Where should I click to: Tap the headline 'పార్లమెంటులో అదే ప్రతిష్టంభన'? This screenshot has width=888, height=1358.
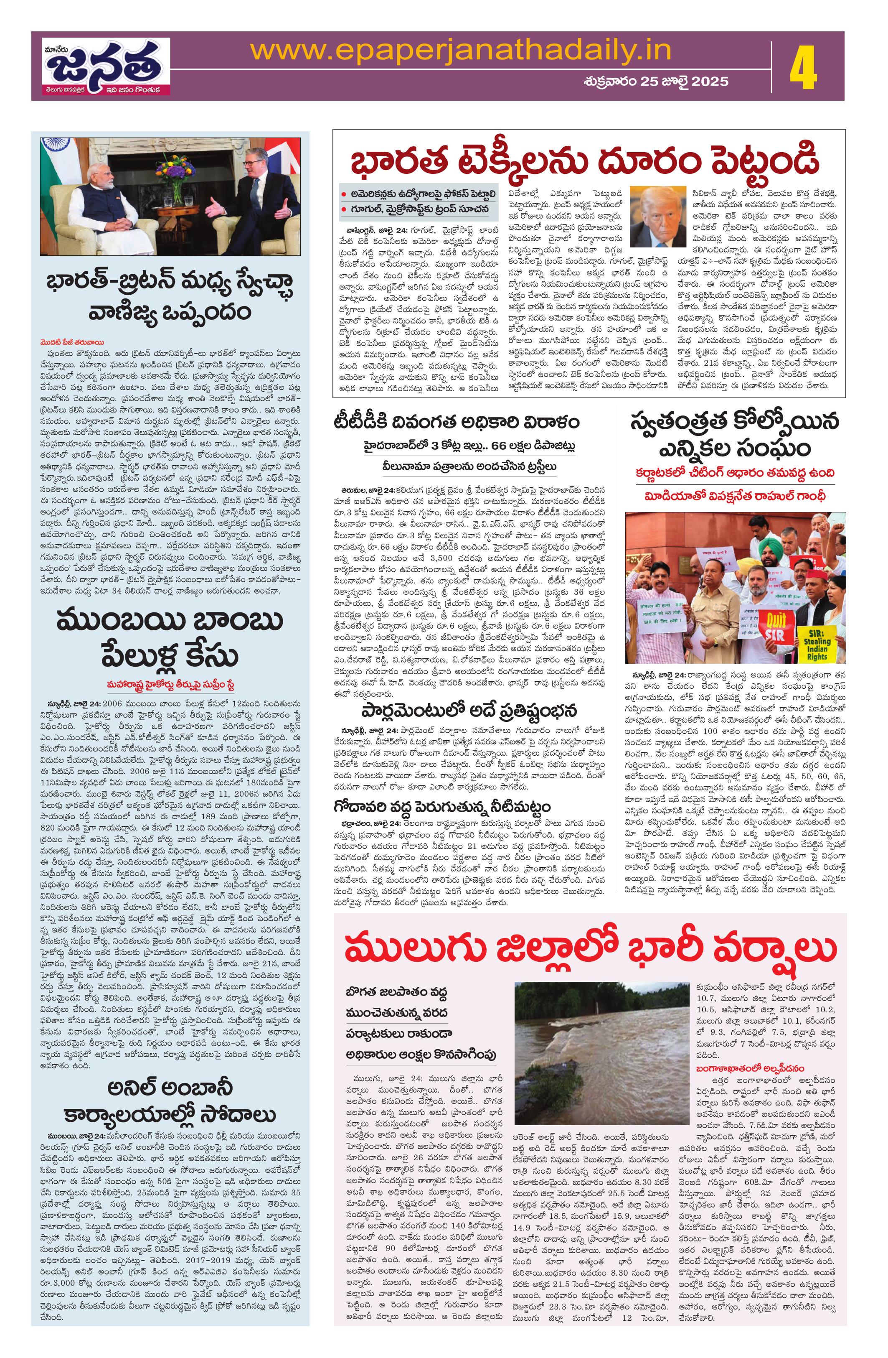tap(469, 711)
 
